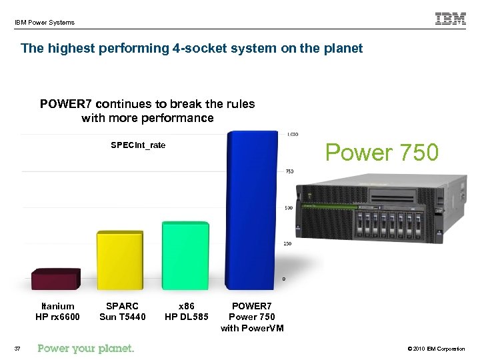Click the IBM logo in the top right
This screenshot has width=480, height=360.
point(451,19)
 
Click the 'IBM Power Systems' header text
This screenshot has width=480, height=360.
point(45,23)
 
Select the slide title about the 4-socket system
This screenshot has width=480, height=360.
point(192,48)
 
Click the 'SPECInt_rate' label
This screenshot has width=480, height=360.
point(138,145)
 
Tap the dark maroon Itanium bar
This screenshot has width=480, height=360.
point(56,278)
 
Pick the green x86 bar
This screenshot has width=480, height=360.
point(185,254)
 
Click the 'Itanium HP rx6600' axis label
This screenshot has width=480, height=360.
point(57,311)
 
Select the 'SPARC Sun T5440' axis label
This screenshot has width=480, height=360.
point(122,311)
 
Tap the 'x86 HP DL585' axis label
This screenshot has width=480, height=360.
point(187,311)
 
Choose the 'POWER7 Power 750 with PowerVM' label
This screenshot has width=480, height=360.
point(252,317)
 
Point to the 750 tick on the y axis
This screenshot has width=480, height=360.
point(289,171)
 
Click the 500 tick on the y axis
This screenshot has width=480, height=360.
point(289,207)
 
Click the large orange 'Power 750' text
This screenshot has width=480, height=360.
point(382,153)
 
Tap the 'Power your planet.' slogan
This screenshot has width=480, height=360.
point(86,348)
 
